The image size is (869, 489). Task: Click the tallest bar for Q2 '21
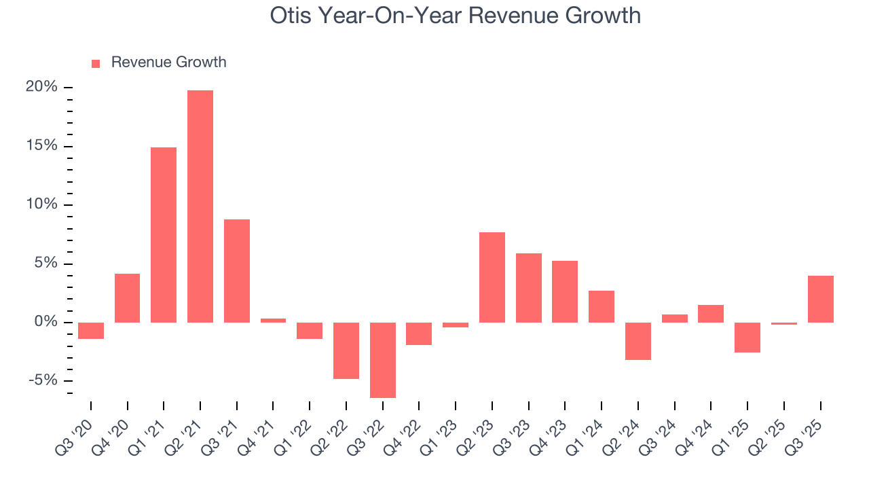(x=200, y=206)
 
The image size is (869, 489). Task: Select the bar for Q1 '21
(x=164, y=234)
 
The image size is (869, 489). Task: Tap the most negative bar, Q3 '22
(x=383, y=360)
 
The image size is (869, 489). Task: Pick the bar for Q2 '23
(x=492, y=277)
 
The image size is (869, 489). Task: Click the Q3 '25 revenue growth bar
(x=820, y=299)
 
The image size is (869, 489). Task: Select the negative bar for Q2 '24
(x=638, y=341)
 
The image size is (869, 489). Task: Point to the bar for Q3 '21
(x=237, y=270)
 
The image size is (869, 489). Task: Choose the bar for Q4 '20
(x=128, y=297)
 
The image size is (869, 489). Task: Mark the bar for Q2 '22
(x=346, y=350)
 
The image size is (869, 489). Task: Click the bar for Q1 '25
(x=747, y=338)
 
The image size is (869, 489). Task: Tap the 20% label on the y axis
(x=41, y=87)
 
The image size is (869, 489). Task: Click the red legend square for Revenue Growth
(x=96, y=63)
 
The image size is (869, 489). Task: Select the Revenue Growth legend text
(x=168, y=62)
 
